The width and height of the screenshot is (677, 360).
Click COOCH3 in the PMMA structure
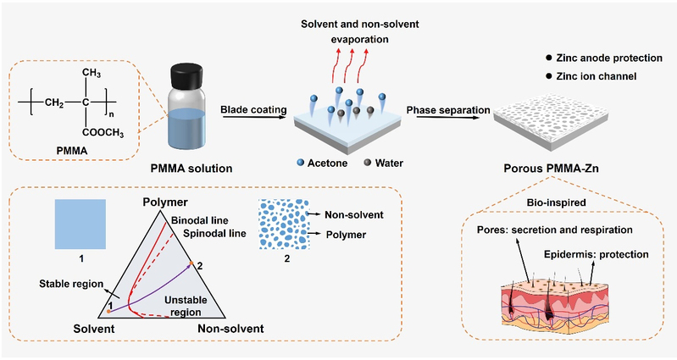point(113,131)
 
